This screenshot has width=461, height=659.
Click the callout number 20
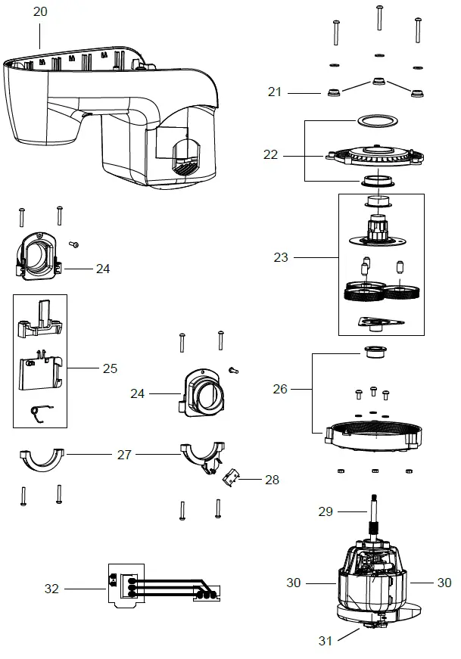(40, 11)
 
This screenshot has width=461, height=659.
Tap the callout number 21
(274, 92)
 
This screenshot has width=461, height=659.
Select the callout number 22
(270, 154)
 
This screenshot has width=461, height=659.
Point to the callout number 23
(281, 257)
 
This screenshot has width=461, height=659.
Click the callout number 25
(110, 368)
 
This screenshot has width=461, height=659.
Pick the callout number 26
(280, 389)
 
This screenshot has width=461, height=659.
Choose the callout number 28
(271, 480)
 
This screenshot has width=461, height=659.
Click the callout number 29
(325, 512)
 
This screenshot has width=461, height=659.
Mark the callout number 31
(325, 641)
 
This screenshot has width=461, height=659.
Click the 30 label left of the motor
(294, 583)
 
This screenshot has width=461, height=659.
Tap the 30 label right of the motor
(444, 583)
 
